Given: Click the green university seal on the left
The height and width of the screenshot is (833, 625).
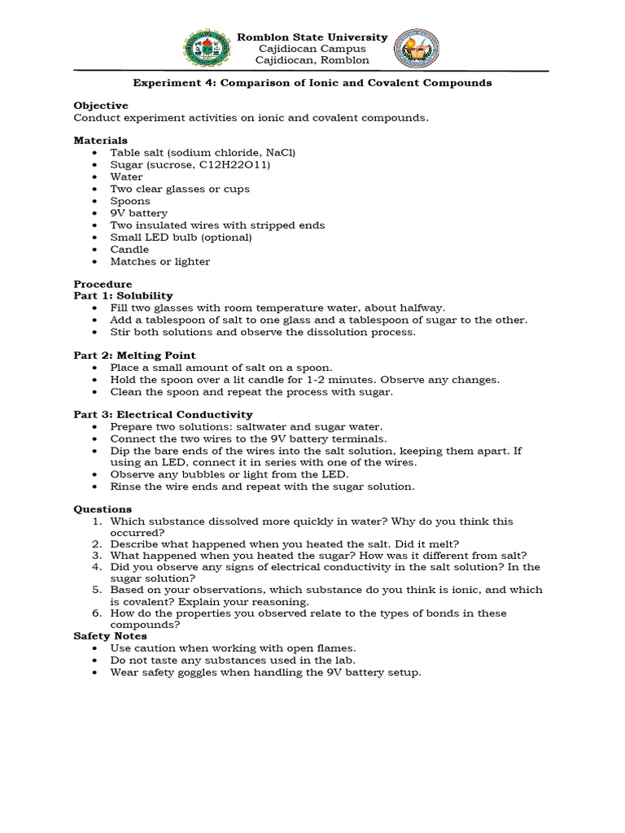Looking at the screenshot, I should tap(207, 49).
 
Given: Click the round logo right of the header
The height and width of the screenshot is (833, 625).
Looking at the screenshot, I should tap(417, 49).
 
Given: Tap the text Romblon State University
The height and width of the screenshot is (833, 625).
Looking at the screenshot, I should tap(312, 37).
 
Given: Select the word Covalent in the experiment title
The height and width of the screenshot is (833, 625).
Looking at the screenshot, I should tap(378, 83).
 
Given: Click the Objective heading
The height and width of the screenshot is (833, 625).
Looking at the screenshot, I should tap(101, 106).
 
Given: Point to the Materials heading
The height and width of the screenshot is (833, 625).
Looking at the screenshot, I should tap(101, 141).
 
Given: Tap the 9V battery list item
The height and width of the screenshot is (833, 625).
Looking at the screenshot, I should tap(139, 213).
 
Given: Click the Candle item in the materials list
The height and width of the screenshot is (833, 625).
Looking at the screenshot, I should tap(130, 250).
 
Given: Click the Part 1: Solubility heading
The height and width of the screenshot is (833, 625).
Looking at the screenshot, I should tap(124, 295).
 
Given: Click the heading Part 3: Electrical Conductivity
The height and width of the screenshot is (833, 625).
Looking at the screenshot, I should tap(164, 415).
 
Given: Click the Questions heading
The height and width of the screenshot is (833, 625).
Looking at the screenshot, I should tap(103, 509).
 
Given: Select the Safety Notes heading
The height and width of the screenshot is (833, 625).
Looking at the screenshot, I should tap(111, 635).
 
